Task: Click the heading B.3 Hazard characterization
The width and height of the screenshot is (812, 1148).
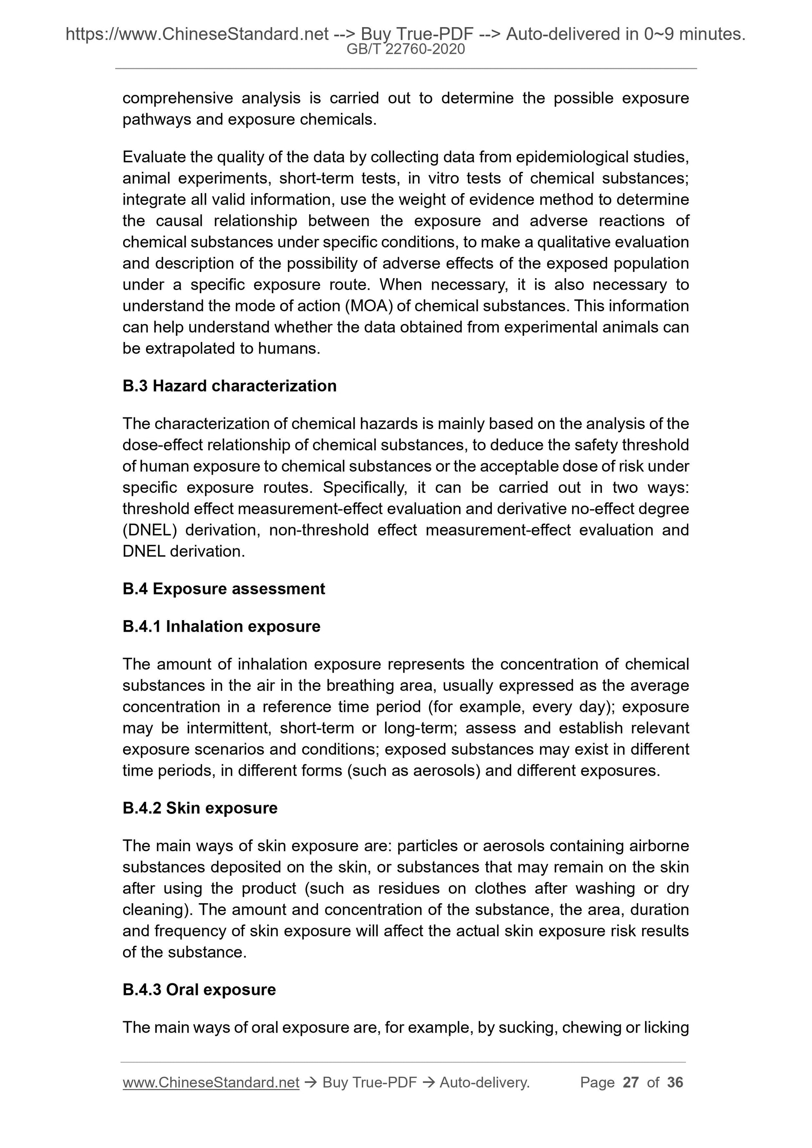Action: tap(229, 386)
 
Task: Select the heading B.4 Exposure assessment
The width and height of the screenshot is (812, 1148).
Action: tap(224, 588)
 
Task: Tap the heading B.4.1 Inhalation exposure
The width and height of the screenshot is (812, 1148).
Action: tap(221, 626)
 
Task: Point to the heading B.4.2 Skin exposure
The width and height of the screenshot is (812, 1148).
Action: tap(199, 808)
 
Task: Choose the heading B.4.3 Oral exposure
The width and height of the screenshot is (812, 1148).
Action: tap(199, 990)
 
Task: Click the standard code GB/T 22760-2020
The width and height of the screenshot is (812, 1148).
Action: tap(406, 49)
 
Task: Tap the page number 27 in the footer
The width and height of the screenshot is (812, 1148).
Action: tap(630, 1083)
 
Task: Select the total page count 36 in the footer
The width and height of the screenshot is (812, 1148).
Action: tap(675, 1083)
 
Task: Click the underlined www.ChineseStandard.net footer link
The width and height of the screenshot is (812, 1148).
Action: tap(211, 1083)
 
